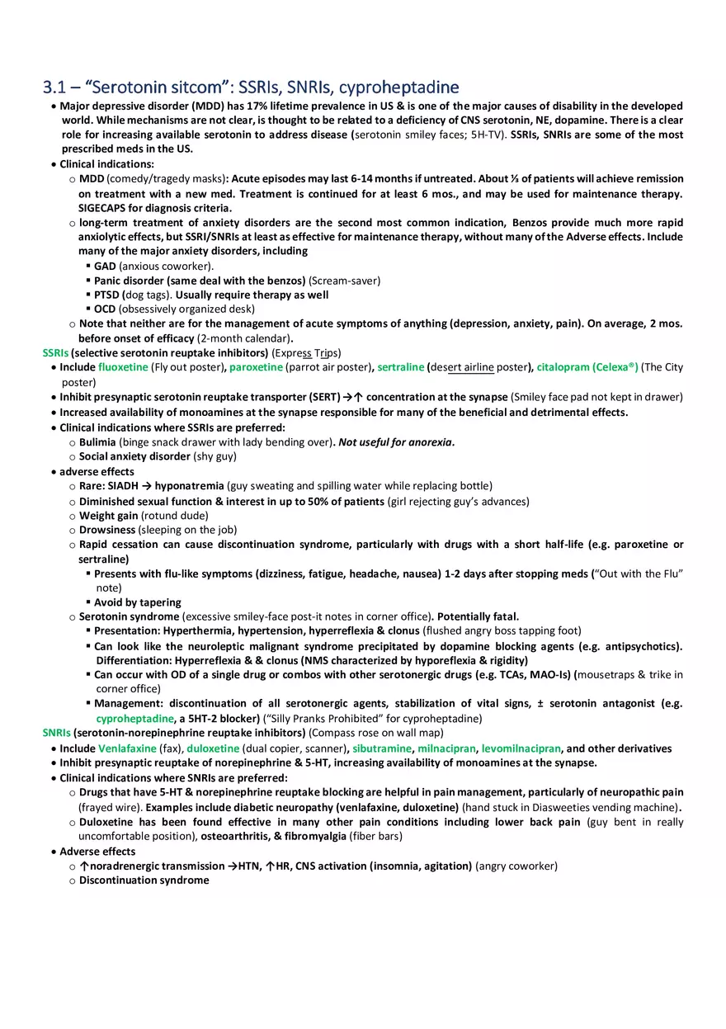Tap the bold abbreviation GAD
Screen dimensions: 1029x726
(x=105, y=266)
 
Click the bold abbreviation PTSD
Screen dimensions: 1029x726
(x=107, y=295)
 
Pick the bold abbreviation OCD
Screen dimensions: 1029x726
(x=105, y=309)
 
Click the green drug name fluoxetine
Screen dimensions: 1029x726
(x=123, y=367)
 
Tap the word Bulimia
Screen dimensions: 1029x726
(x=97, y=442)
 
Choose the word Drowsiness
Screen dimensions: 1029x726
(x=107, y=530)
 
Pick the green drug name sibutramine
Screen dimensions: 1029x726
(x=381, y=748)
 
